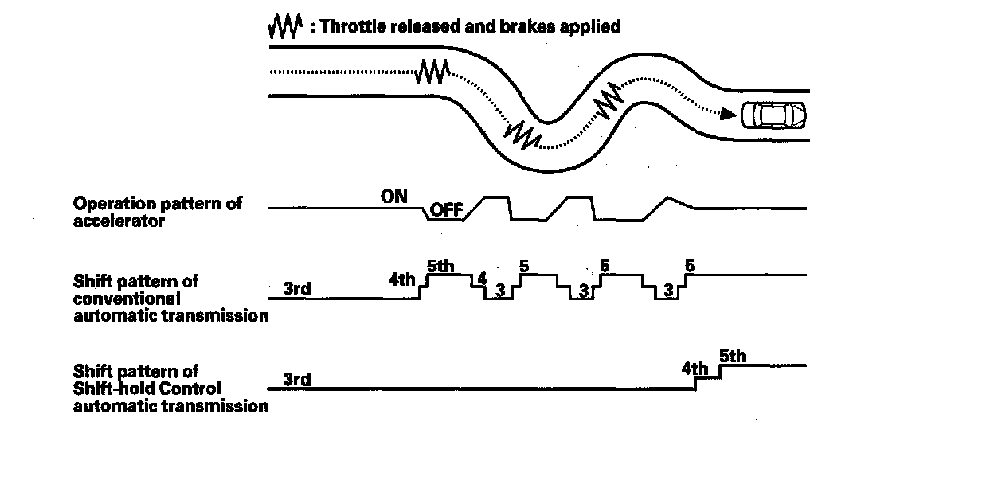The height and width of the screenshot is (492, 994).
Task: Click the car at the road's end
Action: [773, 115]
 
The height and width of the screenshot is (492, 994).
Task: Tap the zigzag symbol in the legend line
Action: [284, 26]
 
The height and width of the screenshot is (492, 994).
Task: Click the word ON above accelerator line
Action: [394, 196]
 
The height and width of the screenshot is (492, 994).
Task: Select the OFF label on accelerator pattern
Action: [447, 211]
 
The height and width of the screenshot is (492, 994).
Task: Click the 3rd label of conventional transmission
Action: [297, 288]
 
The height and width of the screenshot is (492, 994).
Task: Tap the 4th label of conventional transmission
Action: [402, 280]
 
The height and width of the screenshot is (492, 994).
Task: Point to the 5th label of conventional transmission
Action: [440, 267]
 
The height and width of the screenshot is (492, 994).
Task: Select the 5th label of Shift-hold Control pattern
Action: [733, 356]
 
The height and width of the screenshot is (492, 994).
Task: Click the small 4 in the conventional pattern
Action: [480, 279]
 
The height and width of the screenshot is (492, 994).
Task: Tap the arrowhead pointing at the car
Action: [726, 114]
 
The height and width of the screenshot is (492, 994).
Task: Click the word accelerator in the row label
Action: [108, 221]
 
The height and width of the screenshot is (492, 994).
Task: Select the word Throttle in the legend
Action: [347, 26]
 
